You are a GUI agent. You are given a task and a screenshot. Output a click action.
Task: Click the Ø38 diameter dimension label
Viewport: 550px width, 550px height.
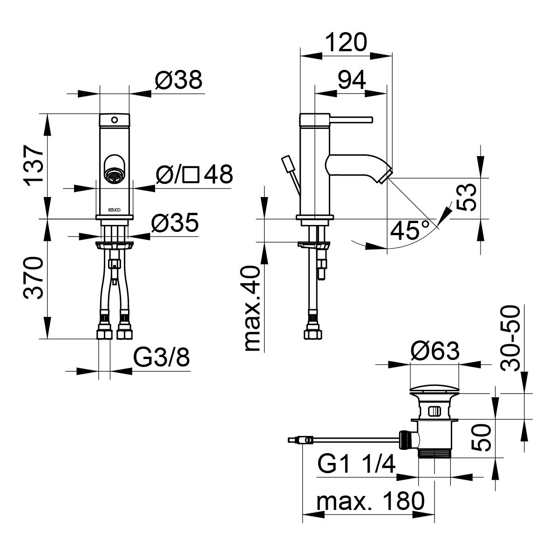point(179,80)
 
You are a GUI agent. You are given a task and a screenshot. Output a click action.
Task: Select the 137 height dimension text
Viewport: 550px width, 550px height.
point(34,164)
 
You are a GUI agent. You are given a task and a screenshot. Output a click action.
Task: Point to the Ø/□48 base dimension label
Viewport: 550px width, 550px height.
point(194,174)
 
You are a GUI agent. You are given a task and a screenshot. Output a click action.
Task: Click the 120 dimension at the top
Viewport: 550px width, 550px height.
point(346,42)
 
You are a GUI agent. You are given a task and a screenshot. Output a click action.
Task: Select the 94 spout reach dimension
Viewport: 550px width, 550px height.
point(352,80)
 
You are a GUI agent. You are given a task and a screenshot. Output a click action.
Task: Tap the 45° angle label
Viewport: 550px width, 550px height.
point(410,230)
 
